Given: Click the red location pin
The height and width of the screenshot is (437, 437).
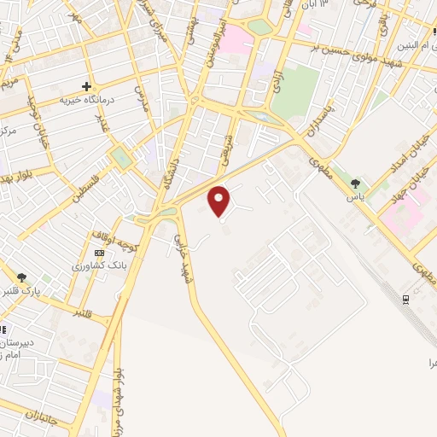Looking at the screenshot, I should (220, 201).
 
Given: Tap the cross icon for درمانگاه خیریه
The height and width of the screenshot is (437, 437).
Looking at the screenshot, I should (86, 85).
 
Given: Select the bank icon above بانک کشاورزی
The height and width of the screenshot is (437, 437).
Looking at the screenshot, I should (99, 253).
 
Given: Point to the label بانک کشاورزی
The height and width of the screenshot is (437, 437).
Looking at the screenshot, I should (94, 266).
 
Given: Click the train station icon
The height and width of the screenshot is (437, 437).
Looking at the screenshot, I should (405, 298).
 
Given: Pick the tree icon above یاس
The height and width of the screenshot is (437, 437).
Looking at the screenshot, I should (355, 183).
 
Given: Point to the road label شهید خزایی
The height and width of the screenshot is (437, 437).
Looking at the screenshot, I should (181, 255).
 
